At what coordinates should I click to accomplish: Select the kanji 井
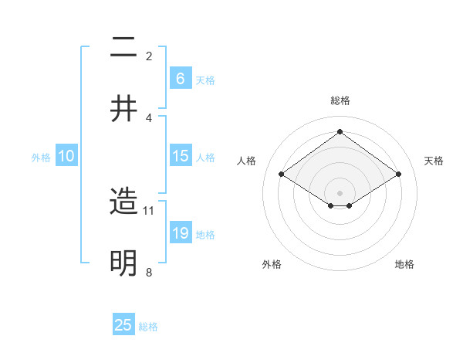(x=124, y=109)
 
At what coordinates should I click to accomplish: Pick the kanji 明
(x=124, y=263)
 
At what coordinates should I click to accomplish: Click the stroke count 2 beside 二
(x=149, y=56)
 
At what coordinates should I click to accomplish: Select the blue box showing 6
(x=180, y=79)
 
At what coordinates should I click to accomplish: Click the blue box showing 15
(x=180, y=156)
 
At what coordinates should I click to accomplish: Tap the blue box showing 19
(x=180, y=233)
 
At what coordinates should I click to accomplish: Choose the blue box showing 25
(x=123, y=325)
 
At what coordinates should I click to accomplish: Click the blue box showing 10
(x=66, y=156)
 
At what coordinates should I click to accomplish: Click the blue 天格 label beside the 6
(x=205, y=80)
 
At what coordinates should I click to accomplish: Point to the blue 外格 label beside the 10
(x=41, y=158)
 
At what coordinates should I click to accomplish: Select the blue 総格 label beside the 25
(x=149, y=327)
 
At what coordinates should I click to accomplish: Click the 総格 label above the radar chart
(x=340, y=100)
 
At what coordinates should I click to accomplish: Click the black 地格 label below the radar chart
(x=404, y=265)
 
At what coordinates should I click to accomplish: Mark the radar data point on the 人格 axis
(x=282, y=175)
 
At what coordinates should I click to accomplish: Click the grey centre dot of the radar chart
(x=340, y=192)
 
